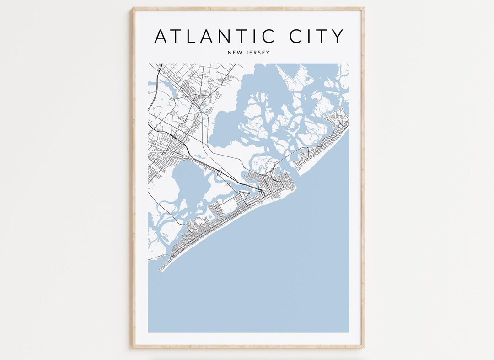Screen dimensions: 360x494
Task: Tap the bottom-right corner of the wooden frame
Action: coord(364,347)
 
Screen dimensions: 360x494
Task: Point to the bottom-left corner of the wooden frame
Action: coord(133,347)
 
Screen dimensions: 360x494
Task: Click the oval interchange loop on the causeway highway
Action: coord(220,173)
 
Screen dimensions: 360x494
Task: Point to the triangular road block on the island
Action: coord(246,197)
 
